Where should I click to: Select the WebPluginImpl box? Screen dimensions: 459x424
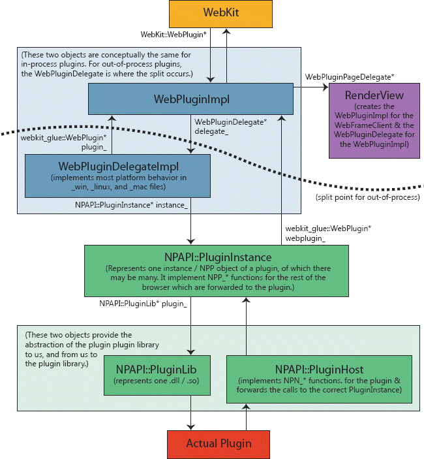(x=191, y=99)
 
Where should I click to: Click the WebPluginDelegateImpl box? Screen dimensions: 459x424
(x=117, y=175)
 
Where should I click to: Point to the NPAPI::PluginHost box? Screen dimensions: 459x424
(x=320, y=378)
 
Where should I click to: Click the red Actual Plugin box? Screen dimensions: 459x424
(x=219, y=443)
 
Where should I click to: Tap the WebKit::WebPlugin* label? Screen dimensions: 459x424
(x=174, y=34)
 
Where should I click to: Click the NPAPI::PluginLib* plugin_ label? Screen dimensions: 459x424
(x=144, y=304)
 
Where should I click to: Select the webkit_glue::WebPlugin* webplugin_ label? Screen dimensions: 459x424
(x=329, y=234)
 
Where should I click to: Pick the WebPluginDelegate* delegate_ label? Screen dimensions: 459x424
(x=221, y=126)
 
